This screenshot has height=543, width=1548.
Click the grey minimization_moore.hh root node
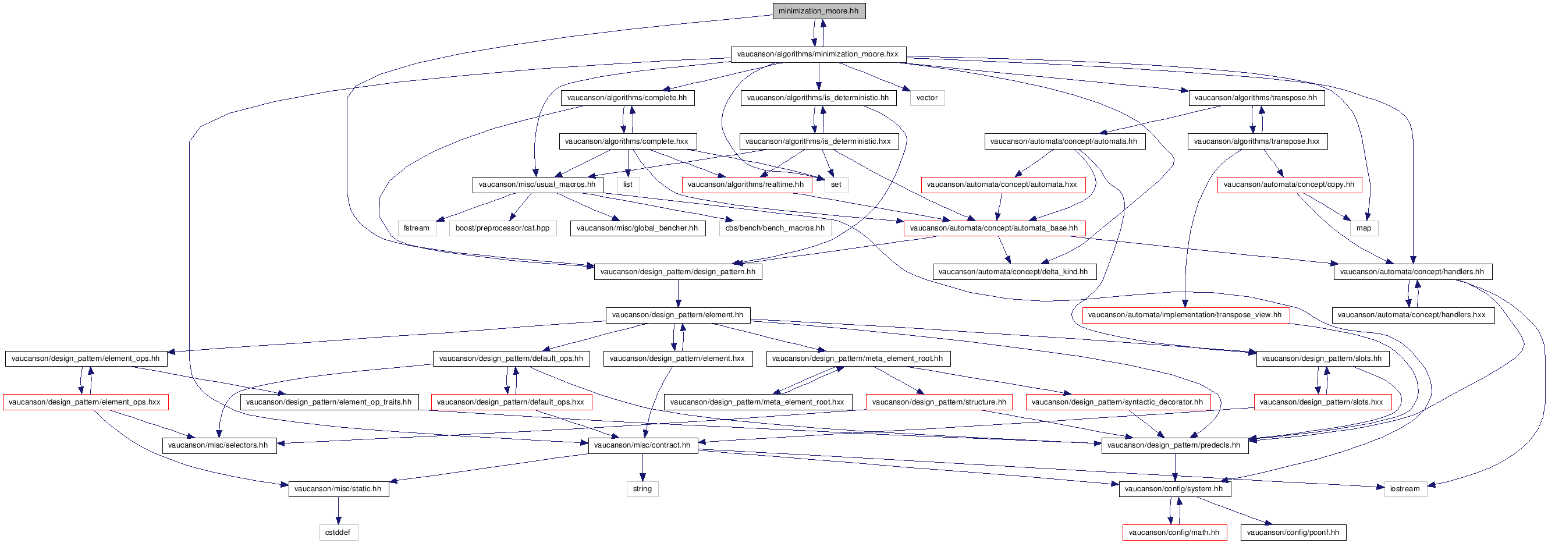pos(818,11)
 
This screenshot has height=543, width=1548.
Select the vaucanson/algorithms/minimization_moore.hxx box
pos(818,54)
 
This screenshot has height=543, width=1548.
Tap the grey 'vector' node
pos(926,98)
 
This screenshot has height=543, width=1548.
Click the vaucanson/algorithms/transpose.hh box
pos(1256,98)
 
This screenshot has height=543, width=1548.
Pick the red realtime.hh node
pos(745,184)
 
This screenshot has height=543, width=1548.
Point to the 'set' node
pos(836,184)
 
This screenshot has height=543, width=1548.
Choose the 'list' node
pos(628,184)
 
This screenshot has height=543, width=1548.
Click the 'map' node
pos(1364,228)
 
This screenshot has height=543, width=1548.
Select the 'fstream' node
pos(417,228)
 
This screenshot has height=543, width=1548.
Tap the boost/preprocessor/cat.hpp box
pos(502,228)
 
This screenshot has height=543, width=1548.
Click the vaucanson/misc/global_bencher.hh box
pos(638,228)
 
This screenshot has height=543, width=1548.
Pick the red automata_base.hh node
pos(994,228)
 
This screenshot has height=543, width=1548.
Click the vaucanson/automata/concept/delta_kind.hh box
pos(1013,271)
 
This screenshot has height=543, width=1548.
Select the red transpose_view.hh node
pos(1185,315)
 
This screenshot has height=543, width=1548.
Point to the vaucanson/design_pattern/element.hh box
pos(678,315)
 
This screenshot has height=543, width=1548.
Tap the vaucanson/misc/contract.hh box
pos(642,445)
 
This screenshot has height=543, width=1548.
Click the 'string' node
pos(642,489)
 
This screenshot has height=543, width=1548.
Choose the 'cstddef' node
pos(338,532)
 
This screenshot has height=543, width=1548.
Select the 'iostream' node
pos(1405,489)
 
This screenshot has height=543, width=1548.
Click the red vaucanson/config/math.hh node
pos(1174,532)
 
